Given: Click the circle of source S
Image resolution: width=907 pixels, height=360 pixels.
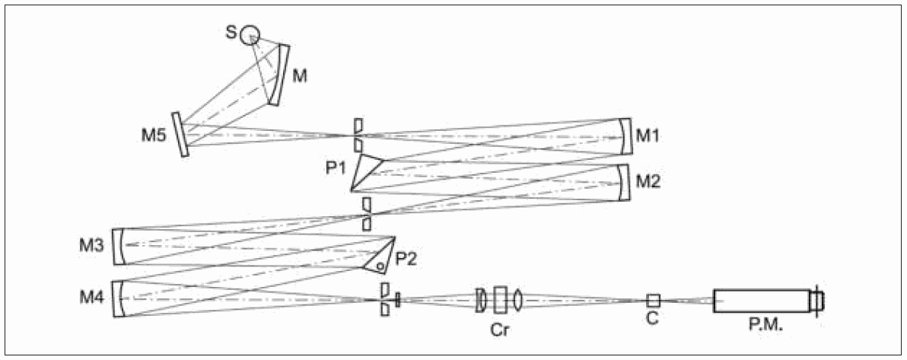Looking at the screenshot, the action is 250,35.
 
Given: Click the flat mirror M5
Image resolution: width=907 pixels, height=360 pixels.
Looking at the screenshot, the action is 180,135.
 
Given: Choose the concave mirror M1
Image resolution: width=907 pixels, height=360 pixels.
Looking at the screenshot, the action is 625,135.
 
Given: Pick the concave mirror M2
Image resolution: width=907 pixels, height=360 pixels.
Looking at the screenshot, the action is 625,183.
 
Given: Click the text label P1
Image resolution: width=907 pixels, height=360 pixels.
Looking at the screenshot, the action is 336,167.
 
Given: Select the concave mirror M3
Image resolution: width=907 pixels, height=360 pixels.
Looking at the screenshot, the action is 119,246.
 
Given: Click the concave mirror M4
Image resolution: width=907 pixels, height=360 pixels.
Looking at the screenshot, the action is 119,299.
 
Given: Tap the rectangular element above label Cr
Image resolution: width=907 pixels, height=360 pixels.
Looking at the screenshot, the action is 500,299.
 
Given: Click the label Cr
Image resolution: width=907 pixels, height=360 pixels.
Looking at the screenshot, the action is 499,330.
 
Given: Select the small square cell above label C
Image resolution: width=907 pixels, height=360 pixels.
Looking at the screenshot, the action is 653,300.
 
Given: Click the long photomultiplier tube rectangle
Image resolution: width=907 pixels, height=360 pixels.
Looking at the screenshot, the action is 761,301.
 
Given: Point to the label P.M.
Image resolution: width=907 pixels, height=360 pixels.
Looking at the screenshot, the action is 762,330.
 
